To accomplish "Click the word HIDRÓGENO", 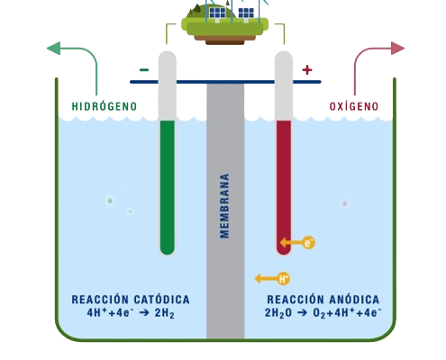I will tap(104, 106).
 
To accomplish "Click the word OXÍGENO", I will tap(352, 106).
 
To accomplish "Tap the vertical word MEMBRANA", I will tap(223, 205).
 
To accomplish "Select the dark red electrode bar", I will tap(283, 184).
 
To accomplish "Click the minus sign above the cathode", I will tap(144, 69).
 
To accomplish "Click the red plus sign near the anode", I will tap(306, 69).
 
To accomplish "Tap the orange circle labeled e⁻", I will tap(309, 242).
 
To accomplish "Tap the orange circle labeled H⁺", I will tap(284, 278).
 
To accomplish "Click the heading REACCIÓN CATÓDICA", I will tap(130, 299).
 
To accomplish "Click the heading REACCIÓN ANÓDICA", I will tap(323, 299).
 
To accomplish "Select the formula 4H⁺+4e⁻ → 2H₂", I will tap(130, 314).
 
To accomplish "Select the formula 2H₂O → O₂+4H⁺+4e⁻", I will tap(323, 314).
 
